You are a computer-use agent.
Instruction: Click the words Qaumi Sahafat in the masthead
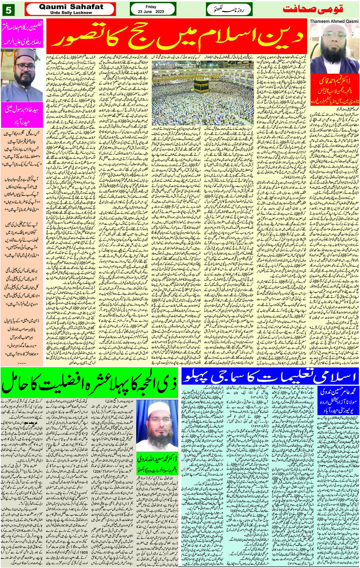[x=71, y=6]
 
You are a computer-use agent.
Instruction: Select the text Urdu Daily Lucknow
[x=71, y=13]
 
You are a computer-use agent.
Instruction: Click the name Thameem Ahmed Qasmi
[x=334, y=21]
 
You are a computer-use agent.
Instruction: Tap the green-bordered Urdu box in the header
[x=229, y=9]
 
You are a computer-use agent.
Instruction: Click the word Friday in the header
[x=151, y=7]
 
